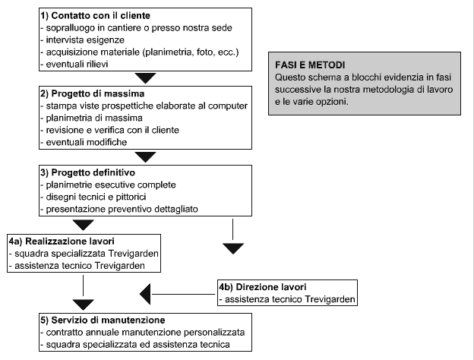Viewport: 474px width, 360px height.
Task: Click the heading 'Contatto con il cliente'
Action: point(101,15)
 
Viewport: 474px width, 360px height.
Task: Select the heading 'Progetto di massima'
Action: point(98,93)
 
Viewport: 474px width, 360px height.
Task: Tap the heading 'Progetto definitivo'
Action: point(93,172)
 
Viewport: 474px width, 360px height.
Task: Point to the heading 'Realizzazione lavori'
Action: point(70,242)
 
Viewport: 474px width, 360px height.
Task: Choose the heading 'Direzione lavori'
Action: point(271,287)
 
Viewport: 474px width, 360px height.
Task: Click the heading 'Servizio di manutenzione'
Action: point(108,320)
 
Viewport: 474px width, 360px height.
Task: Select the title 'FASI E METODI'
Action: point(310,65)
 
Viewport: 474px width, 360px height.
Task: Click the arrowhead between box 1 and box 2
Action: point(145,78)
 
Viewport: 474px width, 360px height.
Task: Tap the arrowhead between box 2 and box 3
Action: point(145,157)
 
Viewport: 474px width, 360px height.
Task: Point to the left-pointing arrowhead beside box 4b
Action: point(145,294)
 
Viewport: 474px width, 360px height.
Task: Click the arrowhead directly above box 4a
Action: point(83,225)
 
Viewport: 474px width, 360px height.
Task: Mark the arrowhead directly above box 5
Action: point(83,305)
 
